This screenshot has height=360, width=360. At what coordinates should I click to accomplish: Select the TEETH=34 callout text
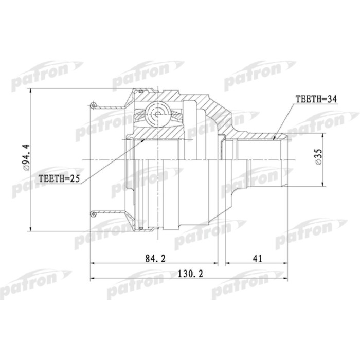(315, 99)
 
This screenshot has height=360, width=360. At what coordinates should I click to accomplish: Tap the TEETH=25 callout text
(59, 179)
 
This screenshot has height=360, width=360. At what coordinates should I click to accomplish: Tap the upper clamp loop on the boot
(93, 106)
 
